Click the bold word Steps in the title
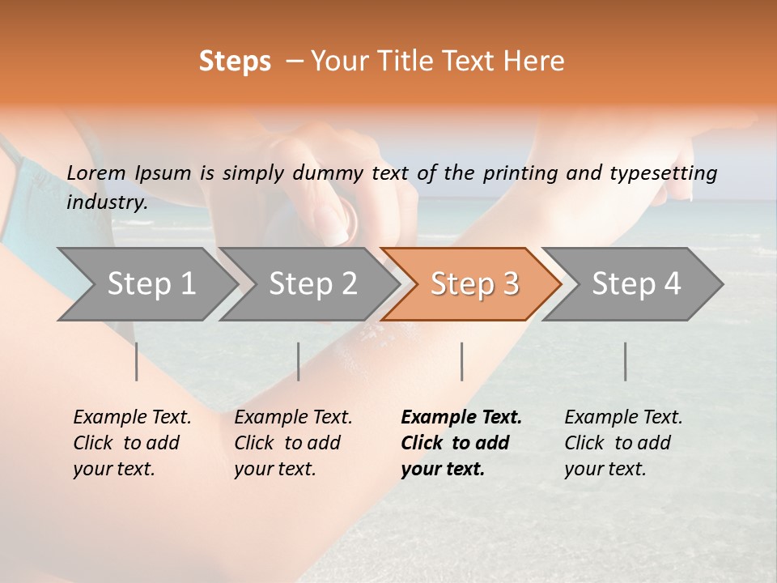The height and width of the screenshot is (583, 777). (235, 62)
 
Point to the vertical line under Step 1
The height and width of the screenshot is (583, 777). (137, 361)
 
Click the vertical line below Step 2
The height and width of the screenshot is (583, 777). (299, 361)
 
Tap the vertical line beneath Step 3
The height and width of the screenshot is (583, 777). (461, 361)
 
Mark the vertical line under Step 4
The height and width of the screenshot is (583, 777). (625, 361)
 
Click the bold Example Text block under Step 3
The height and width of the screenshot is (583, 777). (461, 443)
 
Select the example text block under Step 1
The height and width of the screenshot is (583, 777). (132, 443)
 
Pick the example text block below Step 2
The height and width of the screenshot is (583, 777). (293, 443)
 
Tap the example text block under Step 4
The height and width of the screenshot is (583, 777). (623, 443)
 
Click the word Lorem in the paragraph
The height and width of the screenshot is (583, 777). (96, 173)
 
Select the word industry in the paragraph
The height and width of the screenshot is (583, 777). (107, 202)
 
